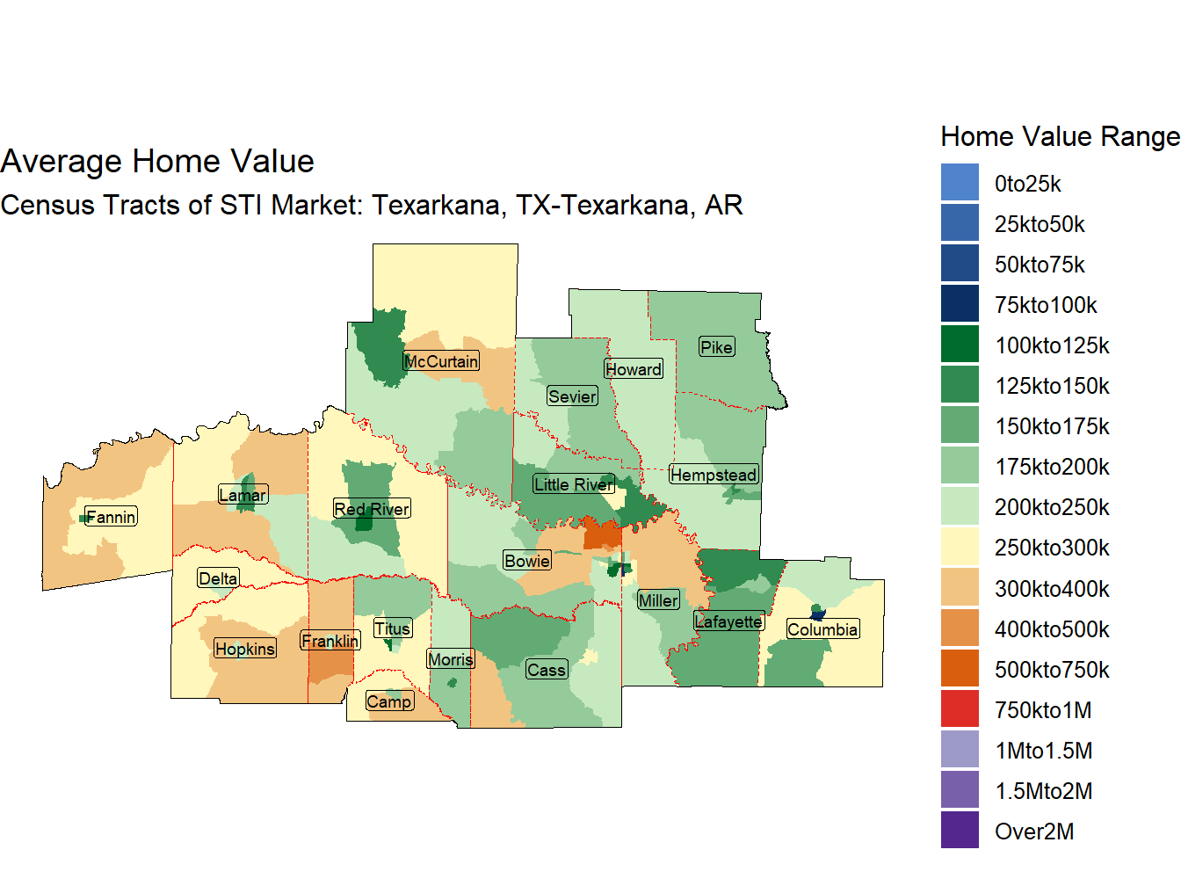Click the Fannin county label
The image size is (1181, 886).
[x=111, y=517]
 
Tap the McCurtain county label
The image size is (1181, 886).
[x=441, y=361]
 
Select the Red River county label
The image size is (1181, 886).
[x=372, y=509]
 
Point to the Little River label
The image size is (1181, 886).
[x=573, y=484]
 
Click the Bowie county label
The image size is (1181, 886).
[x=527, y=561]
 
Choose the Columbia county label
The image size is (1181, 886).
[x=822, y=629]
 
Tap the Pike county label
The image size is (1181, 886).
[x=716, y=347]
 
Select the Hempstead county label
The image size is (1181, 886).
[x=714, y=475]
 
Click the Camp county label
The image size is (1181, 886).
[x=389, y=701]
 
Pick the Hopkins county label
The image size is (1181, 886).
[x=245, y=649]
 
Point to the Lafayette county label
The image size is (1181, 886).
[x=728, y=621]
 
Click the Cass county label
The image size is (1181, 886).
[x=546, y=670]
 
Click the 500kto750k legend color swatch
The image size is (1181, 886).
[x=960, y=670]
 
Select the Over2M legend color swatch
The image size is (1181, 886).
[x=960, y=832]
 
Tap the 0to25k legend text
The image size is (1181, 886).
[x=1027, y=184]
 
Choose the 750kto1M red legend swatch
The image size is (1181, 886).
[x=960, y=710]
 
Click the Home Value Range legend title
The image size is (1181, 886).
[x=1060, y=136]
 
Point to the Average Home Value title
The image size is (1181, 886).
[x=157, y=162]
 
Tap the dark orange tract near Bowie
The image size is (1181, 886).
[x=603, y=534]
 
